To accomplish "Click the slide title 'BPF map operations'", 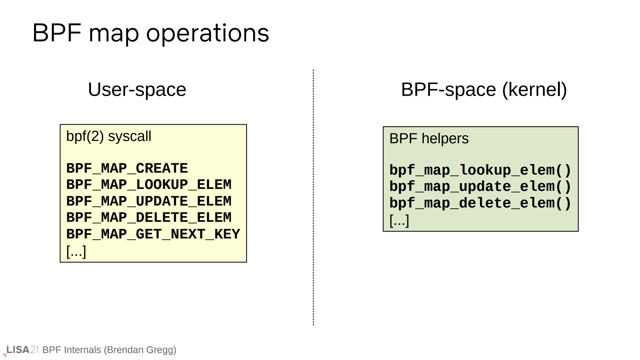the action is tap(151, 33).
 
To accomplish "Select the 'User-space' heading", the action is tap(137, 90).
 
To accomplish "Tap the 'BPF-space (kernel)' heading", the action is tap(484, 90).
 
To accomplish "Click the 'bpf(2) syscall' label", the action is tap(108, 136).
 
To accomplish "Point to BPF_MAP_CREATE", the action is tap(127, 168).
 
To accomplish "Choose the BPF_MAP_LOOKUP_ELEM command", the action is tap(149, 185).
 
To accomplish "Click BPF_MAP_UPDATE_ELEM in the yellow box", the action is tap(149, 201).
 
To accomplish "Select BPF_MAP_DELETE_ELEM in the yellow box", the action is tap(149, 218).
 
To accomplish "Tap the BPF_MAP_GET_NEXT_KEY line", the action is tap(153, 234).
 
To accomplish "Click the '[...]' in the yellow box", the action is tap(76, 252).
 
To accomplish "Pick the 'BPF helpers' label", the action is tap(429, 139).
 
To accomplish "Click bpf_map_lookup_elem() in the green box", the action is tap(480, 170).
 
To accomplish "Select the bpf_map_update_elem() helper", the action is tap(480, 187).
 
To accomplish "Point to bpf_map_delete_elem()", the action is tap(480, 203).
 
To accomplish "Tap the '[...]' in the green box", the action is tap(399, 221).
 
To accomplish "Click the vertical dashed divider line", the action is tap(314, 197).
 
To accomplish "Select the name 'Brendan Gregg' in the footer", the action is tap(140, 350).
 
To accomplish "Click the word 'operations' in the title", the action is tap(208, 34).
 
